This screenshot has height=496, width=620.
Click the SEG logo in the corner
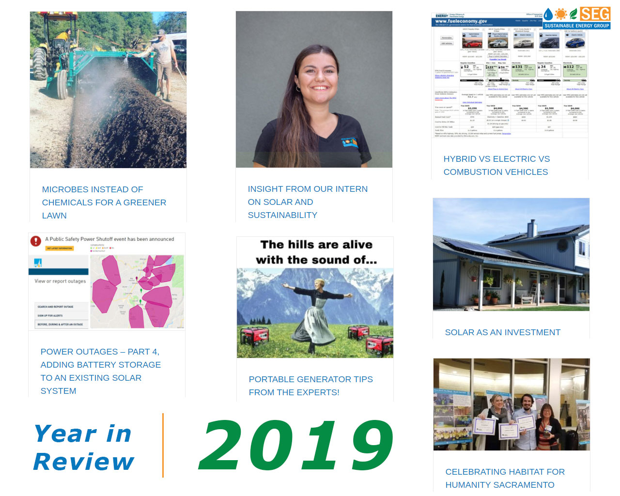(x=576, y=18)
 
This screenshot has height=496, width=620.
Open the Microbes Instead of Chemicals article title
(x=104, y=202)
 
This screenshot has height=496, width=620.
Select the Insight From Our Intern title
(x=307, y=202)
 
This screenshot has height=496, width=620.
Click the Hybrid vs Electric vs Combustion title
(x=496, y=165)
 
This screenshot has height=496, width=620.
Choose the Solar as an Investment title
(x=502, y=332)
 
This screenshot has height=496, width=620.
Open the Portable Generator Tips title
(x=310, y=386)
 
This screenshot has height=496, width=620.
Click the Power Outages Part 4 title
(x=100, y=371)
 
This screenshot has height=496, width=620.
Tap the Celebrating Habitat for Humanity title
(x=505, y=478)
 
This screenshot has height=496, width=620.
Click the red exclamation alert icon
(x=36, y=241)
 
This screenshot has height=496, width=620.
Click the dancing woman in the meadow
(x=315, y=310)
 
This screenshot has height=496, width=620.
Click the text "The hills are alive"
(x=316, y=245)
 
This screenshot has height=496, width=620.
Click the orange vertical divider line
(x=163, y=445)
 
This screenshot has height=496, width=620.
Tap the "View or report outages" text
(x=60, y=281)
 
